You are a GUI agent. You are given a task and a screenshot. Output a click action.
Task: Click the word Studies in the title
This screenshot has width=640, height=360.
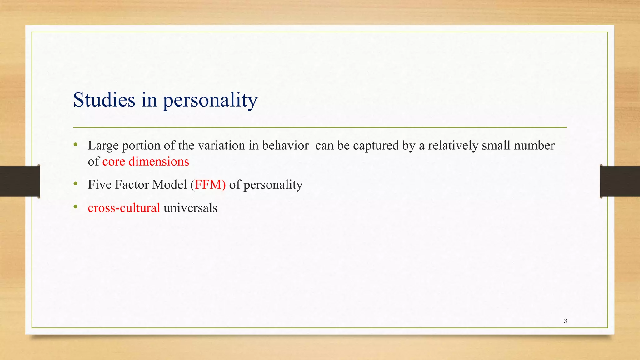(104, 100)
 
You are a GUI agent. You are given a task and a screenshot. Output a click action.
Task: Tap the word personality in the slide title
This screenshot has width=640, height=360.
(210, 101)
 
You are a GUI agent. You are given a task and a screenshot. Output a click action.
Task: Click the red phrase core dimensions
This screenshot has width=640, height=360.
(146, 162)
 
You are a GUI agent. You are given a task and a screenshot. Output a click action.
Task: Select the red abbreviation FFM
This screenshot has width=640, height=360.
(208, 185)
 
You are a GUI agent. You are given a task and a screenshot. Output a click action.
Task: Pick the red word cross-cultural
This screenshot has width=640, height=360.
(124, 208)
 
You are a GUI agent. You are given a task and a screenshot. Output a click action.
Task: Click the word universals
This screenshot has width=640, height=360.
(190, 208)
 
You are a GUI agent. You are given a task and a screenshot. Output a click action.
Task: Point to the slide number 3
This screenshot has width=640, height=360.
(565, 321)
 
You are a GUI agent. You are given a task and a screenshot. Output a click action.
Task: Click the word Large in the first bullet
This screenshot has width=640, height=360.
(103, 146)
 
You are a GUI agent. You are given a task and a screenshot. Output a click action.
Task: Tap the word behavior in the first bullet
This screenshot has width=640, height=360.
(285, 146)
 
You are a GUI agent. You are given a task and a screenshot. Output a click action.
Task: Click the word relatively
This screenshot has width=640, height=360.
(453, 146)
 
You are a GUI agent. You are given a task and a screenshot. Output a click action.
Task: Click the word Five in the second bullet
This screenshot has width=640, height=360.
(100, 185)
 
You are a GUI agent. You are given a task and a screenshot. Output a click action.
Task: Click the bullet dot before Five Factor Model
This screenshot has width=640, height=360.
(75, 184)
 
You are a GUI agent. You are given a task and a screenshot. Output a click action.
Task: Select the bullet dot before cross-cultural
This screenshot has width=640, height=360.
(75, 207)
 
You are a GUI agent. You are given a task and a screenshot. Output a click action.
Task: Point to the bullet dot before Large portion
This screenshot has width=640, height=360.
(75, 144)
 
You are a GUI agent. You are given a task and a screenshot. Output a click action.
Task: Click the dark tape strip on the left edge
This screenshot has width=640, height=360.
(20, 181)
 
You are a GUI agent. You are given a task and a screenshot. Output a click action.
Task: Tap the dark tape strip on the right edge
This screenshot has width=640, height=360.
(620, 181)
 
